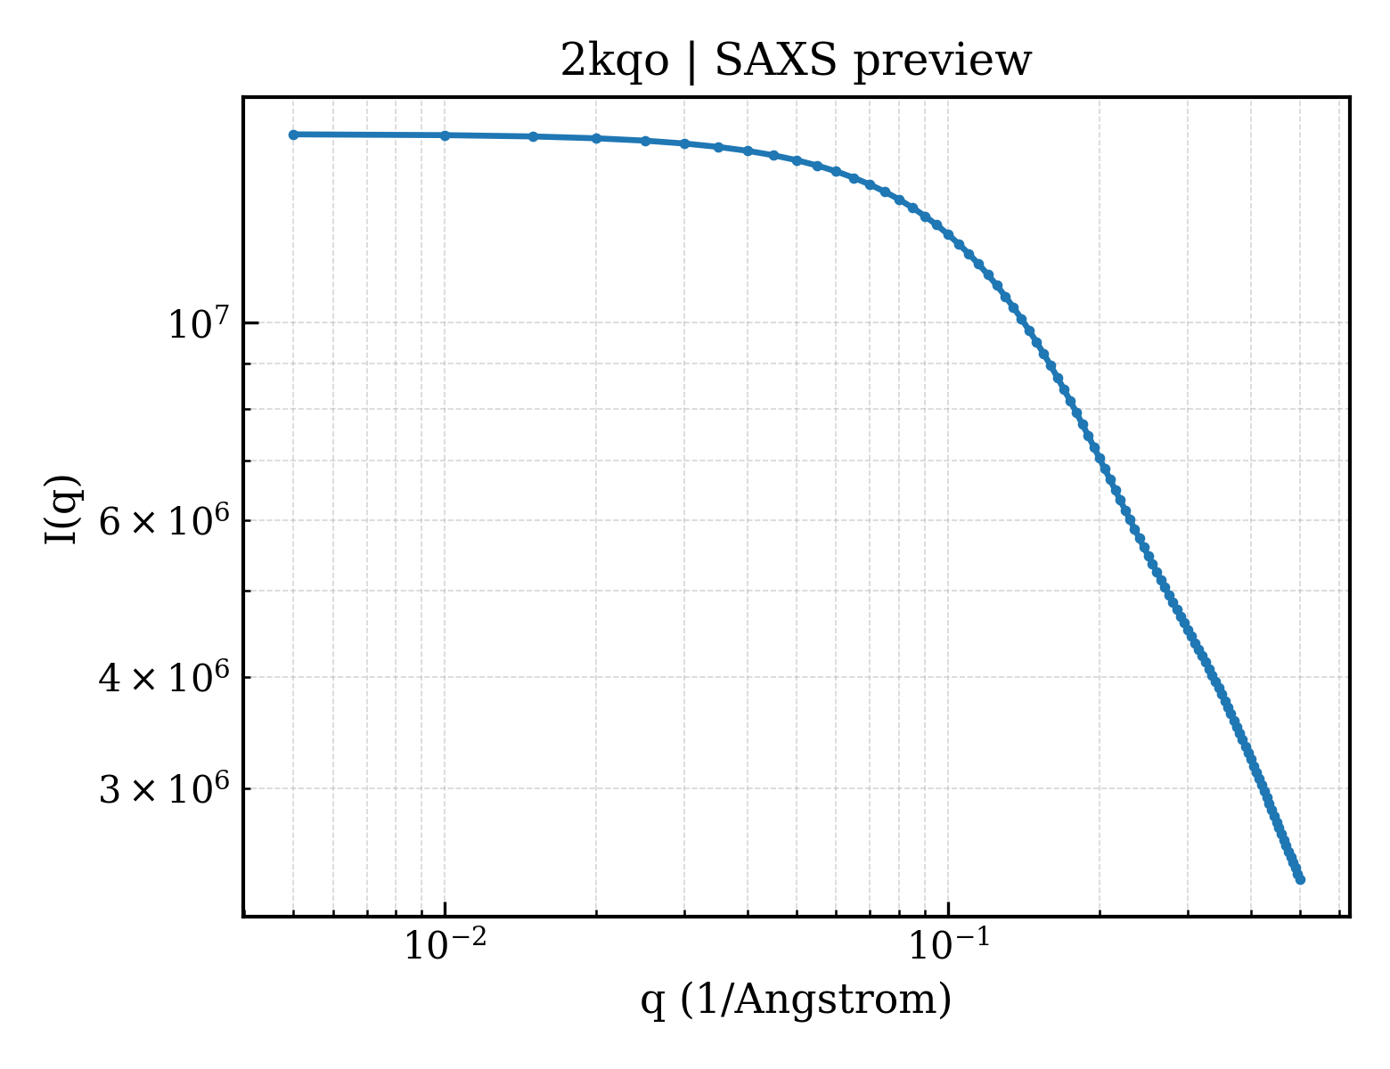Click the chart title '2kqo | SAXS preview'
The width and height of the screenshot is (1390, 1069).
coord(796,62)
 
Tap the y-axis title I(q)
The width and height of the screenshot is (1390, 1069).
coord(61,510)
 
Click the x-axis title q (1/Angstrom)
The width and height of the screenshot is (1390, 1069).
coord(796,1000)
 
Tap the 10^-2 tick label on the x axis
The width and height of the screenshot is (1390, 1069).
coord(446,944)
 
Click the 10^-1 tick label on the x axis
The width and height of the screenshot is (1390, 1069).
coord(949,944)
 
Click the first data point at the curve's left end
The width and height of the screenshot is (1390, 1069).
coord(294,135)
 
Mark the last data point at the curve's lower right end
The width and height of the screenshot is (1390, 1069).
coord(1300,880)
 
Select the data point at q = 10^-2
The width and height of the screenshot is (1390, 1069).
coord(446,135)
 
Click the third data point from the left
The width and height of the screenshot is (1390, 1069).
coord(534,137)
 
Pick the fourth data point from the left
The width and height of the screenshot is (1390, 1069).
coord(596,139)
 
